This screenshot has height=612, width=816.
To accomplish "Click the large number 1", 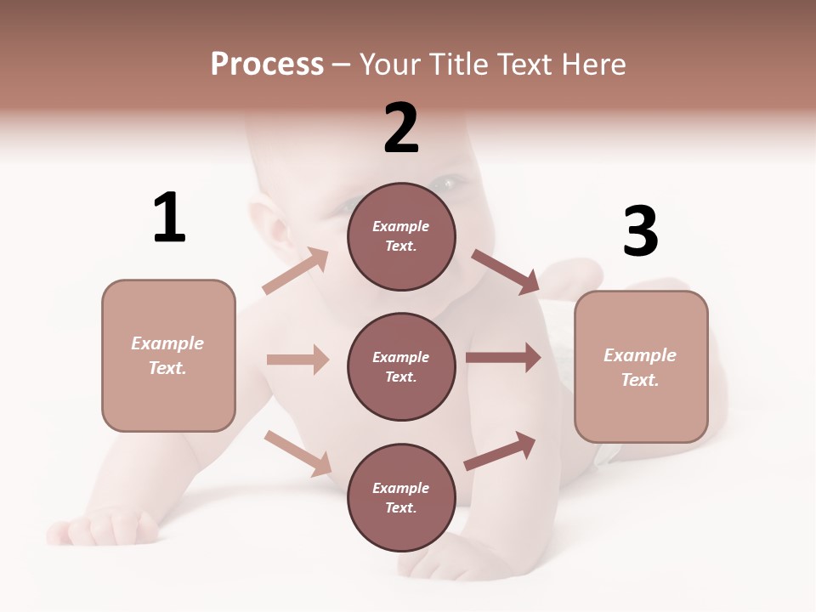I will (169, 218).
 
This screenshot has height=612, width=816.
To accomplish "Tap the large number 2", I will (401, 127).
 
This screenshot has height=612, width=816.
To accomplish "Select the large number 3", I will (640, 231).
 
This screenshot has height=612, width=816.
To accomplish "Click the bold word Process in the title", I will (267, 64).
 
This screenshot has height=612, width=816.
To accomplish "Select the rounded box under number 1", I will (168, 355).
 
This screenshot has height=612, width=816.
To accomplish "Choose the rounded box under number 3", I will (641, 366).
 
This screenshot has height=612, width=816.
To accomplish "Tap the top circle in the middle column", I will (401, 236).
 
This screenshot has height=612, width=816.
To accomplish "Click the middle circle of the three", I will (401, 366).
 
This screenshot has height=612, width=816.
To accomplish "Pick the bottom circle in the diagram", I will (401, 497).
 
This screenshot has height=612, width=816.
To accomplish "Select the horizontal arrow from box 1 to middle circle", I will (297, 360).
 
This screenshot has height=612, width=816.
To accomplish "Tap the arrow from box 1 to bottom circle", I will (297, 452).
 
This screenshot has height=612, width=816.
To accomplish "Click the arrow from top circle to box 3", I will (505, 271).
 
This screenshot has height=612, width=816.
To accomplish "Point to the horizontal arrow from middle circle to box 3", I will (503, 358).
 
